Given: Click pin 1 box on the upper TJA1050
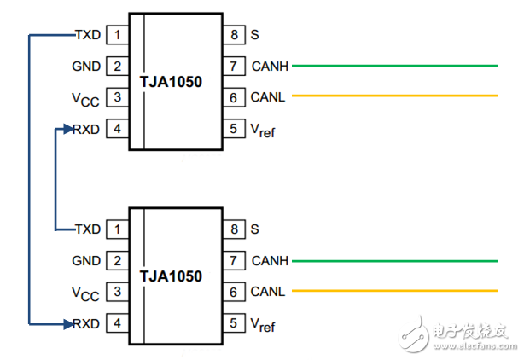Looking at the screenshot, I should [116, 35].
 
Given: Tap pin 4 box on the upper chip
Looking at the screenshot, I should [116, 130].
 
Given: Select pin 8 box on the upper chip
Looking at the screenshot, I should [234, 35].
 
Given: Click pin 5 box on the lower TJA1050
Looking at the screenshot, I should [234, 323].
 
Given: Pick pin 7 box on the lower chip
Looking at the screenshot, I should [234, 260].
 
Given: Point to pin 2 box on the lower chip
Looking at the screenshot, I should [116, 260].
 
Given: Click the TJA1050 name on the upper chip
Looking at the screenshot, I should [171, 82].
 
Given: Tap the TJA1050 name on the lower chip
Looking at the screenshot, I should [171, 276].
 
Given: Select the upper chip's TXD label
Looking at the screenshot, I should [88, 35].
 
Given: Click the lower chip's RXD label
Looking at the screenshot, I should [87, 323].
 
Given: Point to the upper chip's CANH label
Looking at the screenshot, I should [271, 66].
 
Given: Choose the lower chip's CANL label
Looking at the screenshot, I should [268, 292].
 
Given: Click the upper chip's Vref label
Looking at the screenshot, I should [262, 131].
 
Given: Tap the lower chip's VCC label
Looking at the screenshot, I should [85, 293].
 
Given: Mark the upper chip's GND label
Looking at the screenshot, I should [87, 67].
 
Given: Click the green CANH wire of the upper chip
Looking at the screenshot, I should [393, 66].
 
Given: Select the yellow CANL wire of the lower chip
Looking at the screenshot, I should [393, 292].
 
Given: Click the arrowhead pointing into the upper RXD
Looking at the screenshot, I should [67, 130].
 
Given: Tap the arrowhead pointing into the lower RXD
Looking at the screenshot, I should [67, 323].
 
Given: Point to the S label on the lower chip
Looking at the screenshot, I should [254, 229].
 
